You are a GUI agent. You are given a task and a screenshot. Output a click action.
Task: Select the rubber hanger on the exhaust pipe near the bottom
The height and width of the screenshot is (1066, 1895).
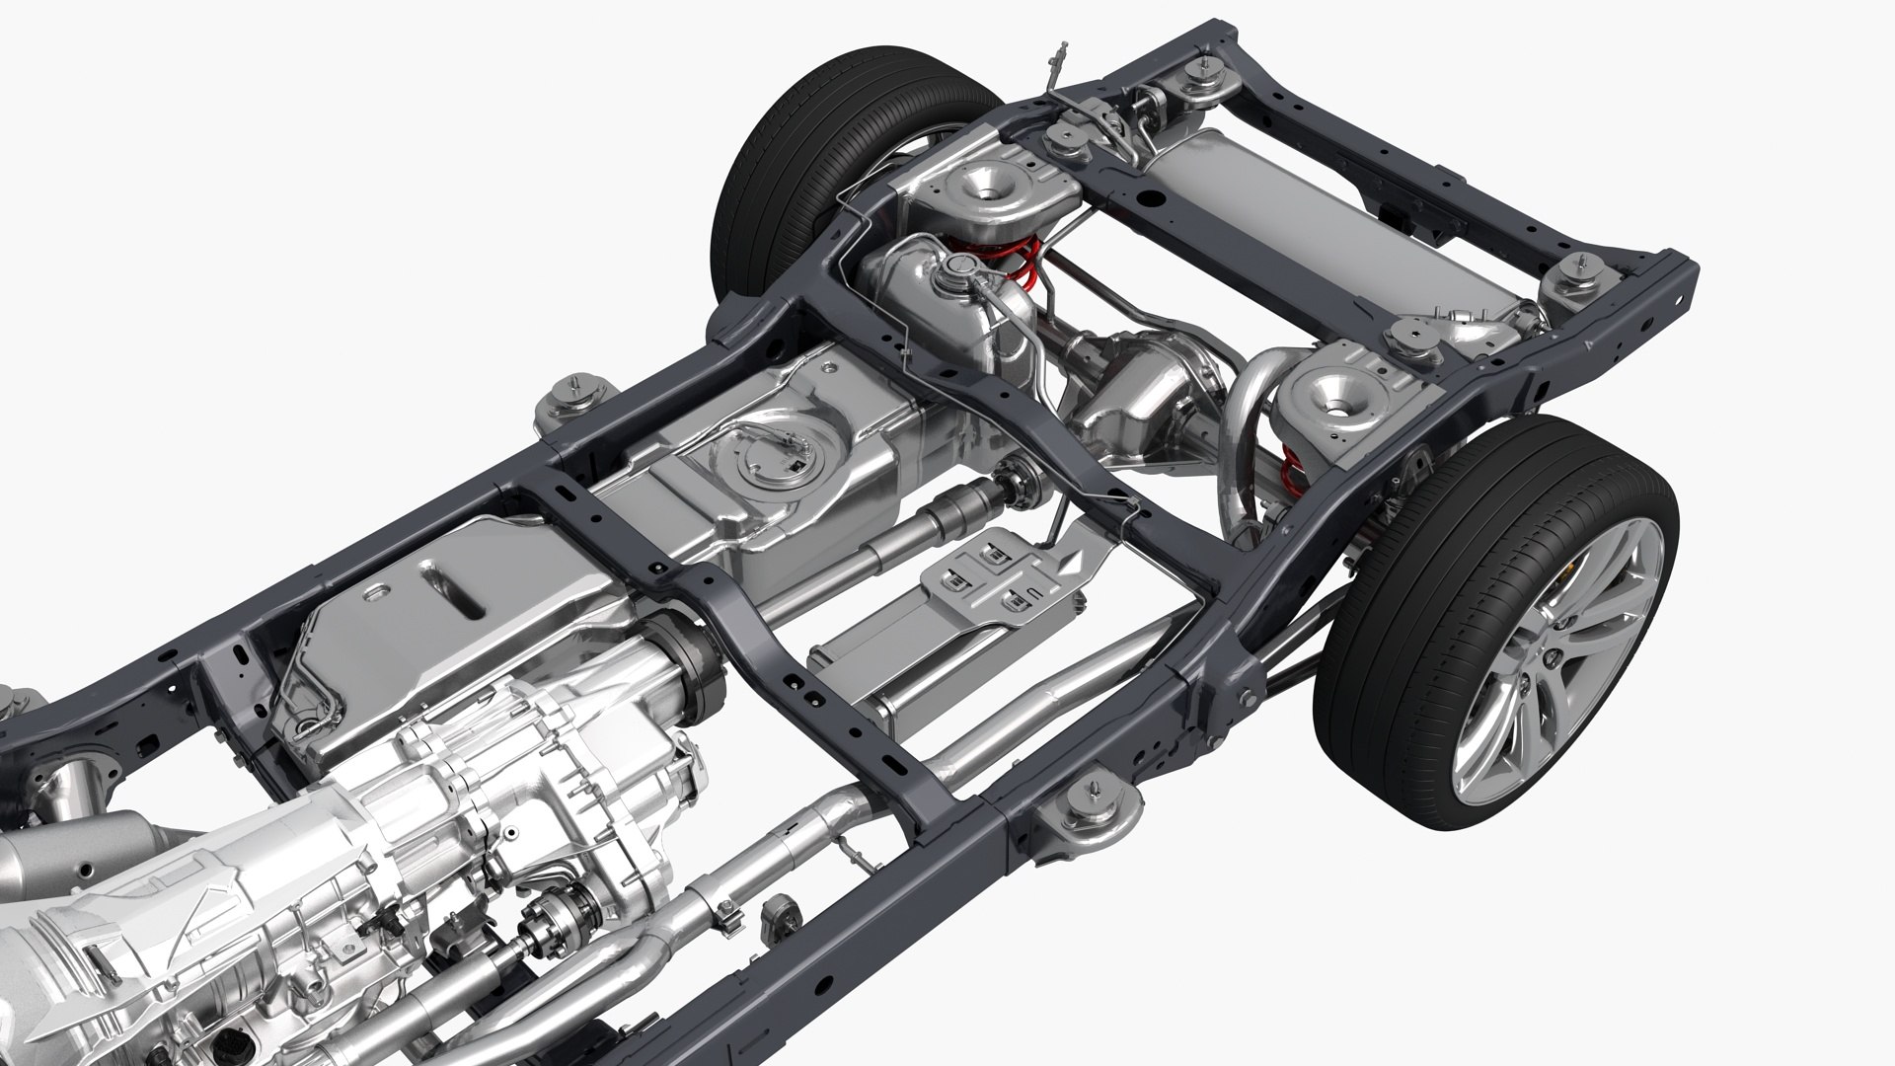785,907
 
